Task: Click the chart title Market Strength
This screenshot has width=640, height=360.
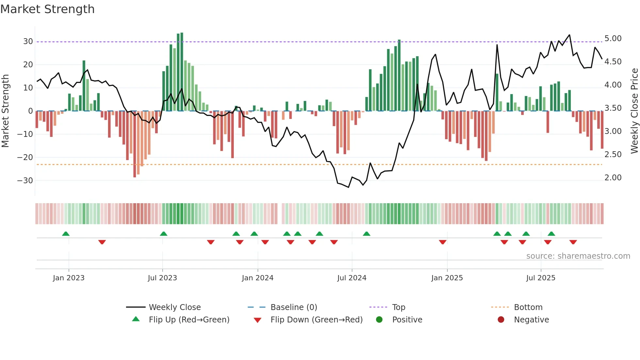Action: click(x=47, y=9)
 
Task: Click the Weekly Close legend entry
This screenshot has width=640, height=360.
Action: click(x=175, y=307)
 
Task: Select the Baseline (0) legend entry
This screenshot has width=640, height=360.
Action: click(x=294, y=307)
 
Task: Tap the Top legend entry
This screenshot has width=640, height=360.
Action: click(x=398, y=307)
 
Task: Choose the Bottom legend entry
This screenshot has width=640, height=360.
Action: click(x=528, y=307)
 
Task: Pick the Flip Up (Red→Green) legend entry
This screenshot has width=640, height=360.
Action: click(x=189, y=319)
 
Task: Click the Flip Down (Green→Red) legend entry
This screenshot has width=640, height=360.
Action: click(x=316, y=319)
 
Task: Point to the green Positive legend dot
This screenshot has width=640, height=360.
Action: click(x=379, y=319)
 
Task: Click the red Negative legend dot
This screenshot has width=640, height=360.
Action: click(x=501, y=319)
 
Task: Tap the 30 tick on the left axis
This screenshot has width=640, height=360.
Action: click(x=28, y=41)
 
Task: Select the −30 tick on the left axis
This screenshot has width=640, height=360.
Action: click(x=25, y=180)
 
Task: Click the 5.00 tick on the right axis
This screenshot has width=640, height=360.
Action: click(x=613, y=39)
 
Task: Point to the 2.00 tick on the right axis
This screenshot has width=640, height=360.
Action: click(x=613, y=178)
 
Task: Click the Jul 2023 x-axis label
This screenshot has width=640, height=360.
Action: click(x=162, y=278)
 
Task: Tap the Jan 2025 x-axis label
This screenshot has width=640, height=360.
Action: click(x=447, y=278)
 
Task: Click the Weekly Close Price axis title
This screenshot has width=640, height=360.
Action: click(x=634, y=111)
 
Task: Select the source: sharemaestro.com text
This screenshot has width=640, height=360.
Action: click(x=578, y=256)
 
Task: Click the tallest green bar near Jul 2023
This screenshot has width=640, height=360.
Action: click(x=182, y=72)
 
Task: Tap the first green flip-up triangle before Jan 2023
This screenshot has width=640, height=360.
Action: click(x=66, y=234)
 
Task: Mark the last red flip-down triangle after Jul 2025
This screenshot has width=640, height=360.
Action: click(x=573, y=242)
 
